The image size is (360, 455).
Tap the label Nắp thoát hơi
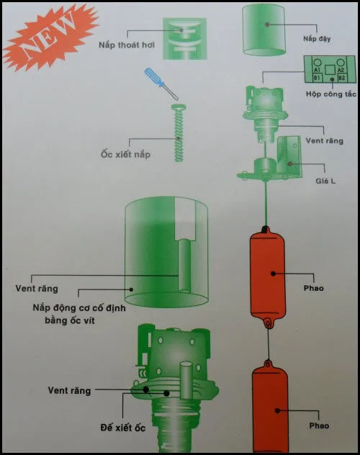point(127,45)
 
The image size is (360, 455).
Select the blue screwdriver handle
point(153,76)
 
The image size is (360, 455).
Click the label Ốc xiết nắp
point(125,154)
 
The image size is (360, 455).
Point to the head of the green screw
point(179,107)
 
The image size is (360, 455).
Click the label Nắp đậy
point(317,39)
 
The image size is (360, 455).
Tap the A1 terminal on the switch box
point(317,70)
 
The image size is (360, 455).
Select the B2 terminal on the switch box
point(342,78)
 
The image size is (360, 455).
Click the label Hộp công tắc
point(331,94)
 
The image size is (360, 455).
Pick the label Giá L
point(325,181)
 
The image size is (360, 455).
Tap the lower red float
point(270,406)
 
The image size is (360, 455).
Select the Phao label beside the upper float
point(313,288)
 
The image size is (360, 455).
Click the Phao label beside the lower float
point(319,425)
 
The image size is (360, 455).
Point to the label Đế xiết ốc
point(122,428)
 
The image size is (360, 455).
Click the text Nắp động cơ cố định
point(79,307)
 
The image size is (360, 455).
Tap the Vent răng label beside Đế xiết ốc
point(69,391)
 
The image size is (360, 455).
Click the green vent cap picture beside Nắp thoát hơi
point(185,39)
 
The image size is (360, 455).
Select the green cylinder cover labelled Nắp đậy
point(264,30)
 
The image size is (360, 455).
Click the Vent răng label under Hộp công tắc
point(324,140)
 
